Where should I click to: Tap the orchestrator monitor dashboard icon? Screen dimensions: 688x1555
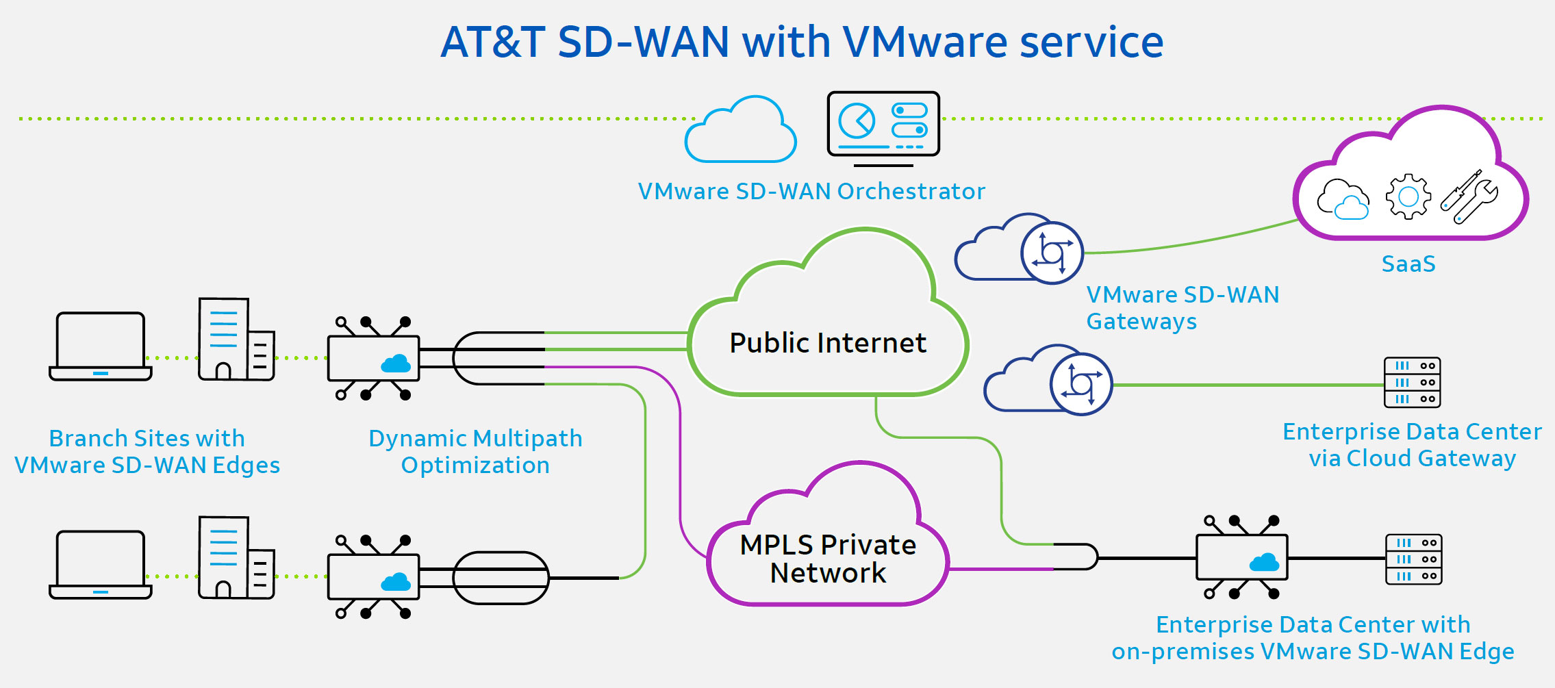point(883,125)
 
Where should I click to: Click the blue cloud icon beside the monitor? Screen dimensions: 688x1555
point(741,131)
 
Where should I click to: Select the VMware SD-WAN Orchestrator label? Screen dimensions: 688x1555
point(811,191)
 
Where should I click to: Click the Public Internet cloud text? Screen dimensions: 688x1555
point(827,343)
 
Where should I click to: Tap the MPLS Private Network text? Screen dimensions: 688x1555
point(827,559)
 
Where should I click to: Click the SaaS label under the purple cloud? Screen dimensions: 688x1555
point(1408,264)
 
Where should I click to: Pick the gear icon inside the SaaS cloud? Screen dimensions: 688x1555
point(1408,197)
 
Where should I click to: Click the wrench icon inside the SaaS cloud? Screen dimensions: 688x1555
point(1469,196)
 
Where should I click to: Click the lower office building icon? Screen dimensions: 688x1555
point(236,558)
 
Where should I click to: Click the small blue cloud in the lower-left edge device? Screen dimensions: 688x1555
point(396,582)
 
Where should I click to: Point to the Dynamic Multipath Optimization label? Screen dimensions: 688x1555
point(475,451)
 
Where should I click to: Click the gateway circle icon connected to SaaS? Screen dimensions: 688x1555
point(1052,253)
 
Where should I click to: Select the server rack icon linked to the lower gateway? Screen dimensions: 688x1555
point(1412,382)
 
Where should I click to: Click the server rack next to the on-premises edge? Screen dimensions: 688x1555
point(1413,559)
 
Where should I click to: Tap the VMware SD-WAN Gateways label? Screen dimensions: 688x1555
point(1182,307)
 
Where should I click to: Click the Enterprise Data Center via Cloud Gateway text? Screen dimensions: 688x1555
point(1412,445)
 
